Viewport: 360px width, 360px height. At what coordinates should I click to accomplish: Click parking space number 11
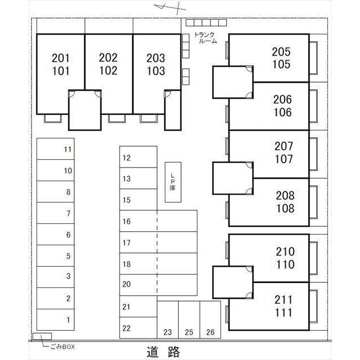click(x=56, y=150)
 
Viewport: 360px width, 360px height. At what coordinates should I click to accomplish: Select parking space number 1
click(x=56, y=319)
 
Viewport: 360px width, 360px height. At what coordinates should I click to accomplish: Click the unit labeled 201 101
click(x=60, y=65)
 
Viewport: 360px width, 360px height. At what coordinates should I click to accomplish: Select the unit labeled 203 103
click(x=156, y=65)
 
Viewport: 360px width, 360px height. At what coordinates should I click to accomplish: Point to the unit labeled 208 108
click(x=284, y=202)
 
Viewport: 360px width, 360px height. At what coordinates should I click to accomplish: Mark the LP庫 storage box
click(x=173, y=183)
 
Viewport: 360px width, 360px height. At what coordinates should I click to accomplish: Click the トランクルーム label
click(x=205, y=38)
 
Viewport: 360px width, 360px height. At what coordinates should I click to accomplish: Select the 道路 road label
click(x=164, y=352)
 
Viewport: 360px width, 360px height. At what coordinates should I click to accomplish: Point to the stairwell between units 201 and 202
click(x=84, y=110)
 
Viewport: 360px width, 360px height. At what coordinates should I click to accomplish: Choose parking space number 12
click(x=138, y=158)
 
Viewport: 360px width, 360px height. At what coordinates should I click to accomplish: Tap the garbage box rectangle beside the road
click(x=43, y=336)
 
